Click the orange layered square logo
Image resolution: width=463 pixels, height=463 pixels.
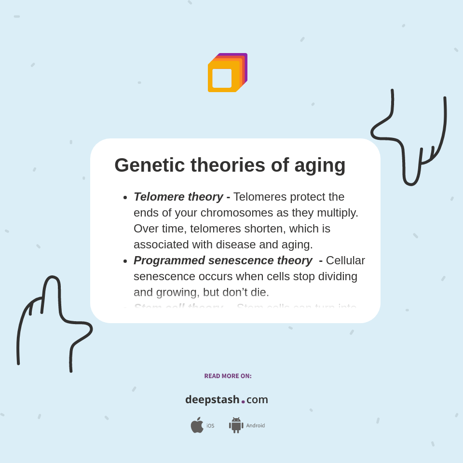click(x=227, y=73)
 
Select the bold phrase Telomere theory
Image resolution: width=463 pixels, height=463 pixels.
click(x=178, y=197)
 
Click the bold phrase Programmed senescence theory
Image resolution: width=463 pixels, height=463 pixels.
click(x=222, y=260)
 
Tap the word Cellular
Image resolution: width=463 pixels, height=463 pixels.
click(x=345, y=260)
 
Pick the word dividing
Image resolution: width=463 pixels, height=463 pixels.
click(x=335, y=276)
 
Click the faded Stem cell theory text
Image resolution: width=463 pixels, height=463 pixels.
click(x=178, y=307)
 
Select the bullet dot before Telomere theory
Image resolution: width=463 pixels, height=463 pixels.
click(x=125, y=197)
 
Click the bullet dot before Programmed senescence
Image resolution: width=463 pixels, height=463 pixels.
click(x=125, y=261)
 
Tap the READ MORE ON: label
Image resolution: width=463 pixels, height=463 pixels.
click(x=228, y=376)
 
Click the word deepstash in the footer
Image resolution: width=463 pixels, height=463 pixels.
click(x=212, y=400)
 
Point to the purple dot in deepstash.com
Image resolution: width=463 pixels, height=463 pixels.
click(x=243, y=402)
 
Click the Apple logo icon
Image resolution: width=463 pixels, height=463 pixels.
click(x=197, y=425)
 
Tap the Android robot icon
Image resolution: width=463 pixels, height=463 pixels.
click(x=236, y=425)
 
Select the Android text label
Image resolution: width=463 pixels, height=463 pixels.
click(x=255, y=425)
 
